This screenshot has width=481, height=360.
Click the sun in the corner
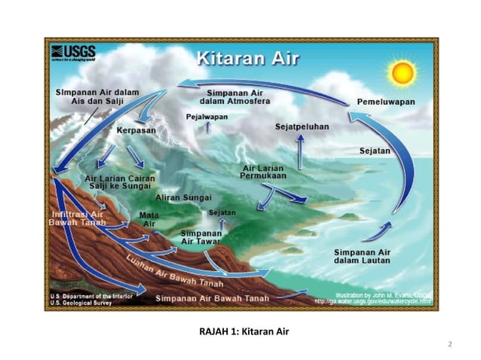click(x=403, y=72)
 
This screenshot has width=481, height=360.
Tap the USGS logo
click(x=75, y=53)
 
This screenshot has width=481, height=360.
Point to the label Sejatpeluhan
click(x=302, y=127)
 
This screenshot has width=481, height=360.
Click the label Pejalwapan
click(x=206, y=117)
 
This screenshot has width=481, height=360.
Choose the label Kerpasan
click(x=136, y=131)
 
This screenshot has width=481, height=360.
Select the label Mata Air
click(x=149, y=219)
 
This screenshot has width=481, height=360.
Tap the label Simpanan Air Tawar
click(x=200, y=238)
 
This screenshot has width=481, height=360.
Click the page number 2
click(x=449, y=344)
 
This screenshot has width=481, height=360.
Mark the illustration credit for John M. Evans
click(x=376, y=295)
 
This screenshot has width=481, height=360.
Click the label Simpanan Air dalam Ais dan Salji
click(x=97, y=96)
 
